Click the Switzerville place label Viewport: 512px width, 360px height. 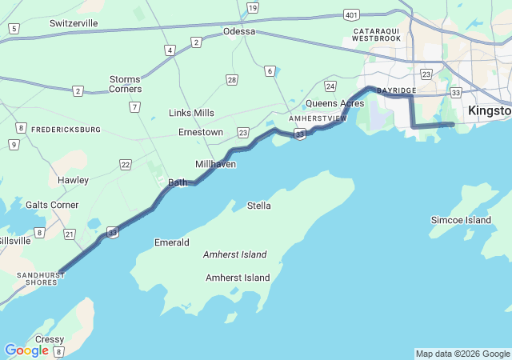pos(74,23)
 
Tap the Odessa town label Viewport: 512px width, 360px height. pos(239,31)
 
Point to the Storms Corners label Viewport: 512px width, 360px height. pos(125,84)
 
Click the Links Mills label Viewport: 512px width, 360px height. pos(191,113)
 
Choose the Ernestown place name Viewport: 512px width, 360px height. pos(201,132)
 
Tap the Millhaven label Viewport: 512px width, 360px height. pos(215,164)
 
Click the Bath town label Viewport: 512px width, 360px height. pos(178,182)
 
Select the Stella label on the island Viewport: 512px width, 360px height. pos(258,206)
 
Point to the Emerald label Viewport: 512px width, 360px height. pos(171,242)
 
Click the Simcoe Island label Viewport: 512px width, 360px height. pos(461,220)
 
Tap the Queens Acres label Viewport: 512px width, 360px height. pos(335,103)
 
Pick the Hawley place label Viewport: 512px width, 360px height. pos(73,180)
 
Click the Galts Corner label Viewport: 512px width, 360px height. pos(52,205)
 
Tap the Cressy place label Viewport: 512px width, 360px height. pos(49,339)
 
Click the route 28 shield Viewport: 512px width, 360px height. pos(231,79)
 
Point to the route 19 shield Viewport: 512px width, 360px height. pos(253,8)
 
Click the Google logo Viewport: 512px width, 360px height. pos(26,350)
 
